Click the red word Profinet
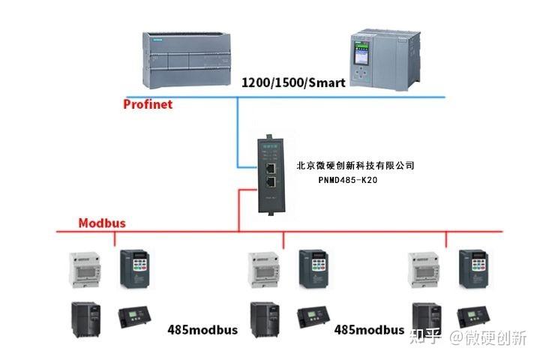coord(148,104)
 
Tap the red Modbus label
coord(102,223)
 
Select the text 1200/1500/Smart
coord(293,82)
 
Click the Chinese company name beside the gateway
coord(355,165)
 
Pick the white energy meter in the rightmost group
coord(422,268)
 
